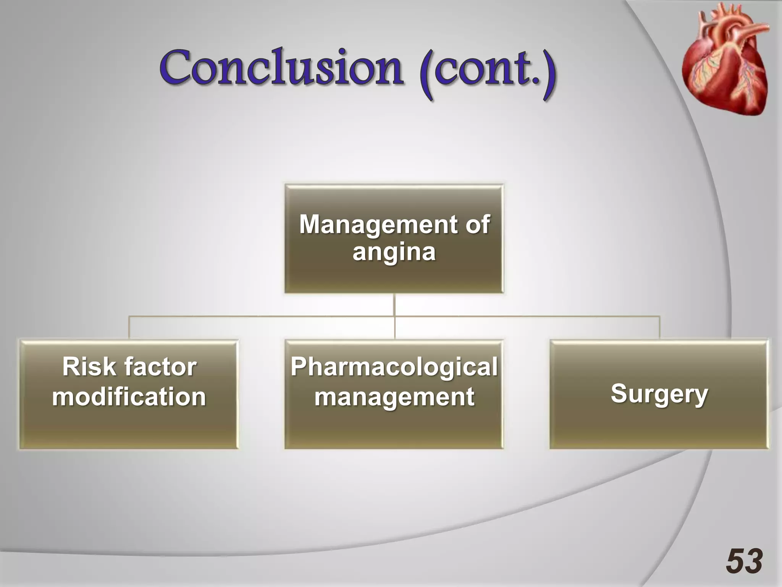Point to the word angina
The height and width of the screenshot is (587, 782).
coord(394,252)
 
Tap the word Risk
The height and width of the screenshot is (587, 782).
coord(89,367)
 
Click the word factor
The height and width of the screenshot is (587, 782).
coord(160,367)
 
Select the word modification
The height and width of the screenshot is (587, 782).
coord(129,397)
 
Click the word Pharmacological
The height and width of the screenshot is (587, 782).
coord(394,367)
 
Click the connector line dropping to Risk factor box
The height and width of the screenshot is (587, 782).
coord(129,328)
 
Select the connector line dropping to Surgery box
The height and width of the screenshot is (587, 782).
coord(659,328)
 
